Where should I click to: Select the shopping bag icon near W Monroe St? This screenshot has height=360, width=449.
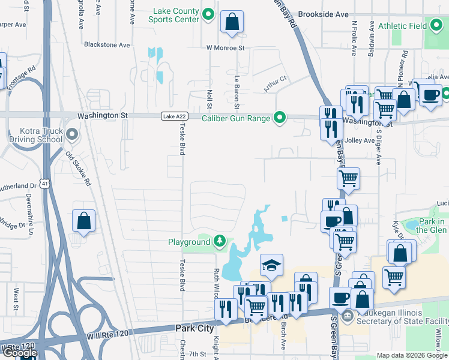click(232, 23)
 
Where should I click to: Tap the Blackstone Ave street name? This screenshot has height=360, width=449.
click(107, 45)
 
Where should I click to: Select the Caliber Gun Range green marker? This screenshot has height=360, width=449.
click(279, 117)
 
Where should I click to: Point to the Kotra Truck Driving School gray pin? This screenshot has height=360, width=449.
click(72, 134)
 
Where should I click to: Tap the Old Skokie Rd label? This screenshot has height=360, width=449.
click(78, 169)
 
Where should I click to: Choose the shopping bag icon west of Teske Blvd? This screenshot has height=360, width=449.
click(83, 221)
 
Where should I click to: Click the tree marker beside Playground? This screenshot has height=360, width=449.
click(220, 242)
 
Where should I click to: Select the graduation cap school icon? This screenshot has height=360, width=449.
click(271, 265)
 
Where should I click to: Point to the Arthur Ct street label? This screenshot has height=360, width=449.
click(275, 84)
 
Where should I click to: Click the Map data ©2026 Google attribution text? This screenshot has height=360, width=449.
click(411, 355)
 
